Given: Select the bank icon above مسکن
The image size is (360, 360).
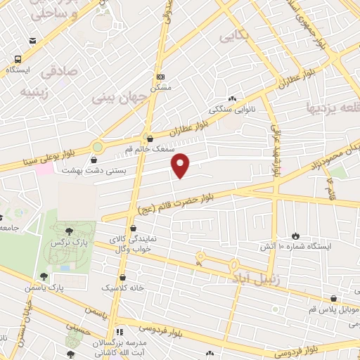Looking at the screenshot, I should (161, 76).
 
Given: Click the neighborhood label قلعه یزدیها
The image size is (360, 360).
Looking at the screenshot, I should (331, 108).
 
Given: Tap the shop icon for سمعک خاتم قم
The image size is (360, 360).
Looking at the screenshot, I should (148, 138).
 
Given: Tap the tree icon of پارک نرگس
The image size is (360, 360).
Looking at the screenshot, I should (68, 230).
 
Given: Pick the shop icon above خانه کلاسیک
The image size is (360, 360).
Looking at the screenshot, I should (124, 277).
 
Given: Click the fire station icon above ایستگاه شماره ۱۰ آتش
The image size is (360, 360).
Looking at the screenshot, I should (295, 236).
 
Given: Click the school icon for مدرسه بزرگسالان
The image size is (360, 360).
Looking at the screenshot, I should (120, 331).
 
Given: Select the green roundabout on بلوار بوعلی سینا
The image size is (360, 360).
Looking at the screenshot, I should (97, 148).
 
